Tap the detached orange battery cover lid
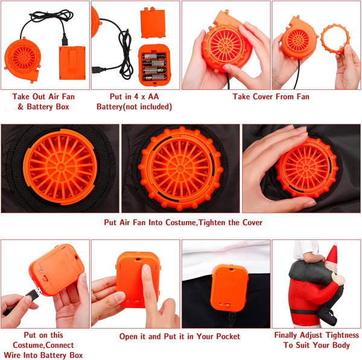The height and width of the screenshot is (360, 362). pyautogui.click(x=153, y=23)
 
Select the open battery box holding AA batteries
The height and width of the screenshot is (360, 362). pyautogui.click(x=154, y=65)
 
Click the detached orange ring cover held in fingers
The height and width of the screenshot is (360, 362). pyautogui.click(x=335, y=39)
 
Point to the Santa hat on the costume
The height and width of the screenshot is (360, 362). pyautogui.click(x=331, y=255)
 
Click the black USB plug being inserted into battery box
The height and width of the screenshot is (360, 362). pyautogui.click(x=34, y=294)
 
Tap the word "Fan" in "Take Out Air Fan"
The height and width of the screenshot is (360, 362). pyautogui.click(x=68, y=97)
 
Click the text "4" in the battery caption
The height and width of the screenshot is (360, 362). pyautogui.click(x=136, y=97)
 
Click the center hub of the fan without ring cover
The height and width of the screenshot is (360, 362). pyautogui.click(x=61, y=167)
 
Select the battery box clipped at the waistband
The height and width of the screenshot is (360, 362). pyautogui.click(x=229, y=288)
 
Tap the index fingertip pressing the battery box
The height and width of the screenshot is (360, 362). pyautogui.click(x=146, y=269)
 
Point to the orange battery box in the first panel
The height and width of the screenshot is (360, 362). pyautogui.click(x=72, y=63)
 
